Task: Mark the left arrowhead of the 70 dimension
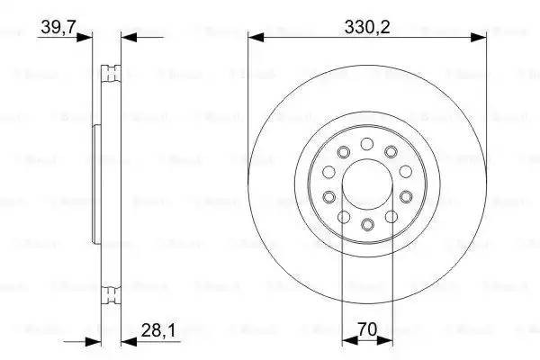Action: [x=346, y=341]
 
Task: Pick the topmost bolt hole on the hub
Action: [x=366, y=144]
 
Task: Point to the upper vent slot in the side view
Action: [x=111, y=71]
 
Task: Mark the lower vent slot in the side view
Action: [x=111, y=293]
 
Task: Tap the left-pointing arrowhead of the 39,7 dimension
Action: [x=127, y=38]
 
